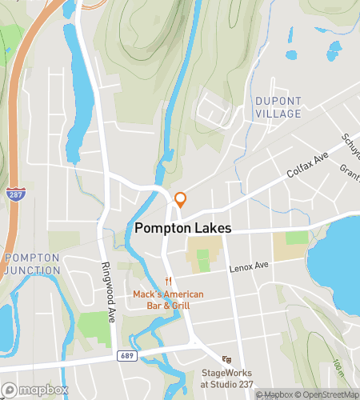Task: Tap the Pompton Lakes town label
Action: [x=182, y=228]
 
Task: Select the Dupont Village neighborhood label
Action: [x=278, y=107]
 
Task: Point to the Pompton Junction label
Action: [x=32, y=263]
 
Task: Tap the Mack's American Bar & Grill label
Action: [x=168, y=299]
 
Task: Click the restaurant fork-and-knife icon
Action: [x=168, y=281]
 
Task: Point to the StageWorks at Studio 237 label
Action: [x=227, y=378]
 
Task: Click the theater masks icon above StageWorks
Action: [x=227, y=359]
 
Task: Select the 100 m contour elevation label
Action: [x=338, y=370]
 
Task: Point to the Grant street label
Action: [x=349, y=170]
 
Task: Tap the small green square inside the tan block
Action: [x=203, y=260]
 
